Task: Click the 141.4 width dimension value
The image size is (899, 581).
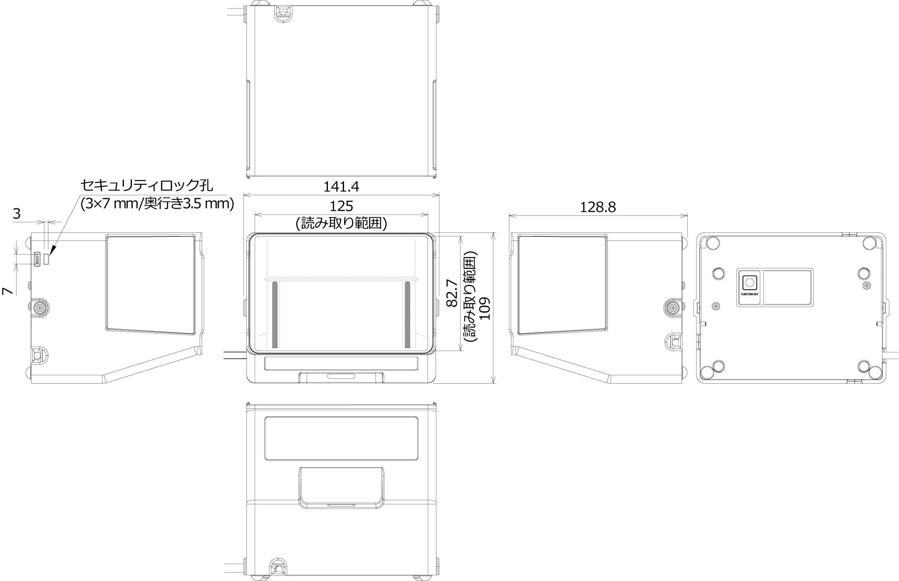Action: click(x=341, y=186)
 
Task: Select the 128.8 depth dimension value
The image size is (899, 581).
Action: click(x=598, y=207)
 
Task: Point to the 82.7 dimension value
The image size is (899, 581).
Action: click(x=452, y=293)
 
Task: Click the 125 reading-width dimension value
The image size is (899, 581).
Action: click(x=341, y=206)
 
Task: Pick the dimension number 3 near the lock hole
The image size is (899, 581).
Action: click(x=17, y=213)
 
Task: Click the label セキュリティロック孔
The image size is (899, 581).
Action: click(x=147, y=185)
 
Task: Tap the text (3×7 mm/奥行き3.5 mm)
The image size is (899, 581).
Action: click(x=157, y=204)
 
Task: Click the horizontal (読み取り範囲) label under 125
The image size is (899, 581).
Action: click(x=341, y=223)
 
